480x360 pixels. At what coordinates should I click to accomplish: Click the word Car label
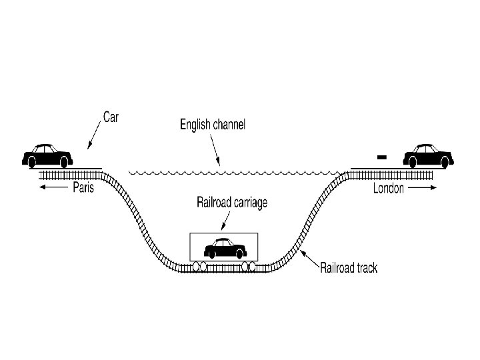point(110,117)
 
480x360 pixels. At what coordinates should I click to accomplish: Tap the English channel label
point(213,124)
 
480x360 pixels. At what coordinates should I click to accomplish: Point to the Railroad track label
point(349,268)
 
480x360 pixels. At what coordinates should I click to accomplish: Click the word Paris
point(83,188)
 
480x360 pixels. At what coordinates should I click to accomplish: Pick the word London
point(388,189)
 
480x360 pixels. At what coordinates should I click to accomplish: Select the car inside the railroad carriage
point(223,248)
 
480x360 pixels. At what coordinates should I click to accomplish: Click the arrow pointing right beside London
point(421,189)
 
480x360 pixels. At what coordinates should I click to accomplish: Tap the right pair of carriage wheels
point(249,267)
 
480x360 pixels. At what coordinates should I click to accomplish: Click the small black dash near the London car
point(381,157)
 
